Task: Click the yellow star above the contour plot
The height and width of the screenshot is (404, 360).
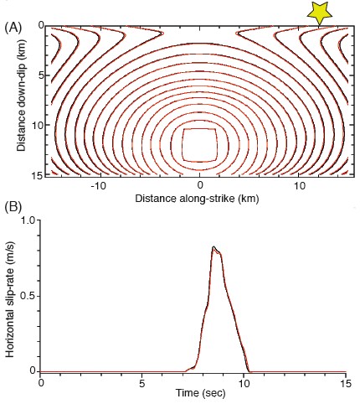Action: [x=319, y=12]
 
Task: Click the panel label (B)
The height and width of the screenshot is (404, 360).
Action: [x=13, y=205]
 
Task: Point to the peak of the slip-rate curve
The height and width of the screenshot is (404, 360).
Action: [x=214, y=247]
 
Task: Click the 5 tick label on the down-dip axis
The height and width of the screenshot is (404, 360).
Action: [x=34, y=75]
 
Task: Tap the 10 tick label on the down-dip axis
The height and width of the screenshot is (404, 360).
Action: [x=32, y=126]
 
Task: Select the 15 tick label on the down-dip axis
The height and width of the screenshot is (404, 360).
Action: [x=32, y=174]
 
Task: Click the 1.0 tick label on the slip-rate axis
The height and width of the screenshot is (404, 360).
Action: [x=29, y=221]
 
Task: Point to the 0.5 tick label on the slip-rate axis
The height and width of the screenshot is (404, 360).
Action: [x=29, y=296]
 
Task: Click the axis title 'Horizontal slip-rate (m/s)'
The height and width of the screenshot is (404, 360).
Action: [x=11, y=295]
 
